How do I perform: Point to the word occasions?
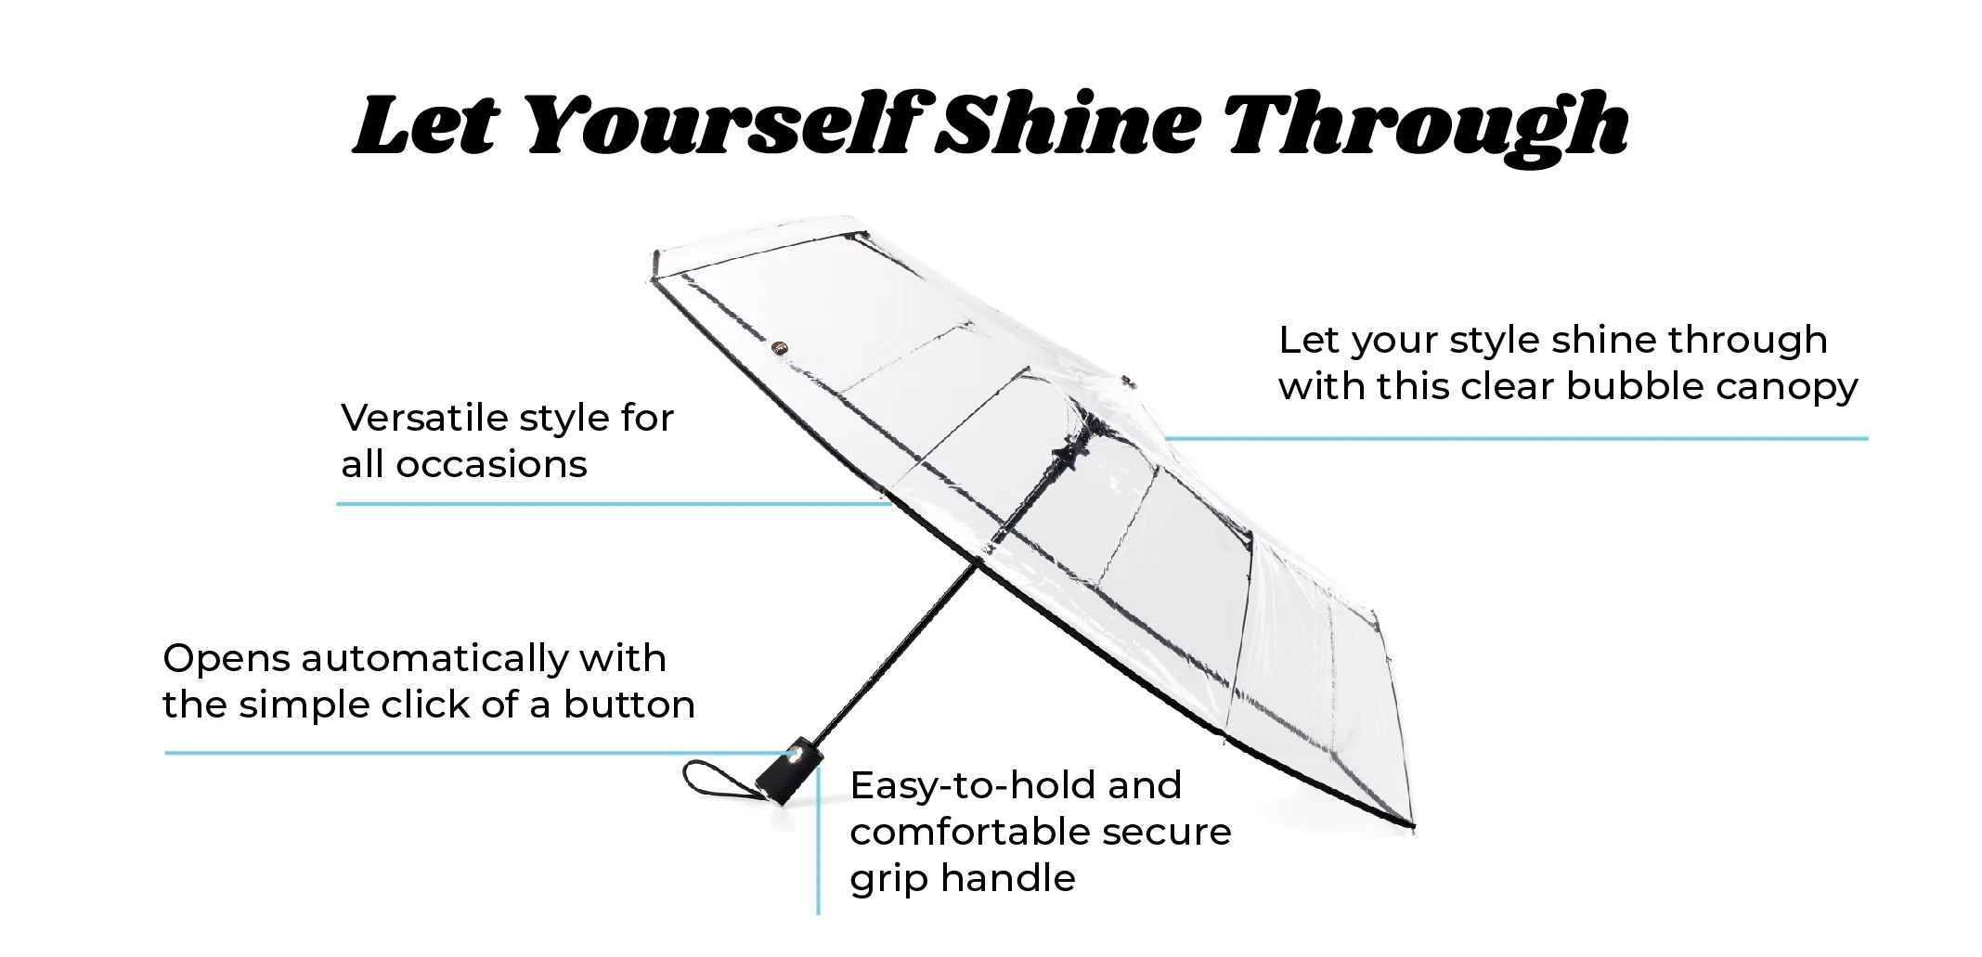492,465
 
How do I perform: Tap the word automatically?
434,660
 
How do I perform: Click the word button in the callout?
629,705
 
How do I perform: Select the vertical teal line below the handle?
818,841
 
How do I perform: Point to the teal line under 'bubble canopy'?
1516,438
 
